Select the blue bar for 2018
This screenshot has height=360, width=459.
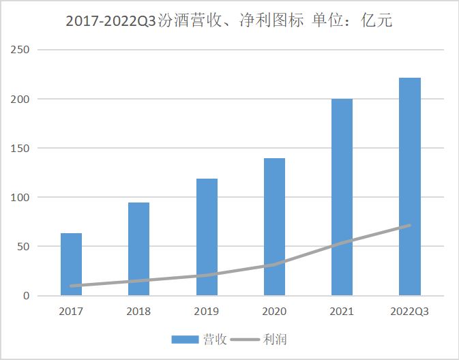[x=138, y=249]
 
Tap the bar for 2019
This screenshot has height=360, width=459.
[x=207, y=237]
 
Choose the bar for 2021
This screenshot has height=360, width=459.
[x=342, y=198]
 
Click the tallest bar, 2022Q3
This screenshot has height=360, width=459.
[x=410, y=187]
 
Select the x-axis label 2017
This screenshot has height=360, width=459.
[x=71, y=312]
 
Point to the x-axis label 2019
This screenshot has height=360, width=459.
[x=207, y=312]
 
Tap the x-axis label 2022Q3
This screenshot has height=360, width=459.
[x=410, y=312]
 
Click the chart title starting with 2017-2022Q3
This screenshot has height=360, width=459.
[x=229, y=20]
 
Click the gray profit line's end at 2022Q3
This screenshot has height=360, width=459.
[x=409, y=225]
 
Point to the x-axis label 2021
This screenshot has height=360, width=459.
[x=342, y=312]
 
